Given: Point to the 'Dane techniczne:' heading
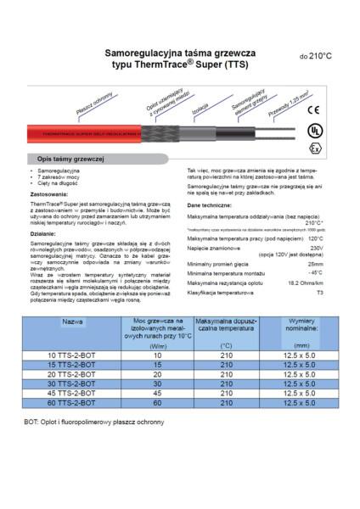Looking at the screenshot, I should tap(209, 206).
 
